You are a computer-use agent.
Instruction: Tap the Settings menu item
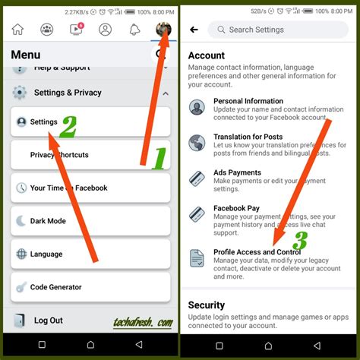pyautogui.click(x=43, y=122)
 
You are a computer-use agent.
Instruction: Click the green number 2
pyautogui.click(x=68, y=127)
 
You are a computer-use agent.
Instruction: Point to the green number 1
pyautogui.click(x=159, y=159)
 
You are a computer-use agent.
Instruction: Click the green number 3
pyautogui.click(x=301, y=241)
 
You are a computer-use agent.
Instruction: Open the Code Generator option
pyautogui.click(x=57, y=287)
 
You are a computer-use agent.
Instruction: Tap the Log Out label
pyautogui.click(x=48, y=321)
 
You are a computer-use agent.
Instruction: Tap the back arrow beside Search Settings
pyautogui.click(x=194, y=30)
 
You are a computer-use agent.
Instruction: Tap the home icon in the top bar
pyautogui.click(x=17, y=29)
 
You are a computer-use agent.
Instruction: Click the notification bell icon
pyautogui.click(x=134, y=29)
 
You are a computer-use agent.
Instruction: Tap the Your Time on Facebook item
pyautogui.click(x=68, y=188)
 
